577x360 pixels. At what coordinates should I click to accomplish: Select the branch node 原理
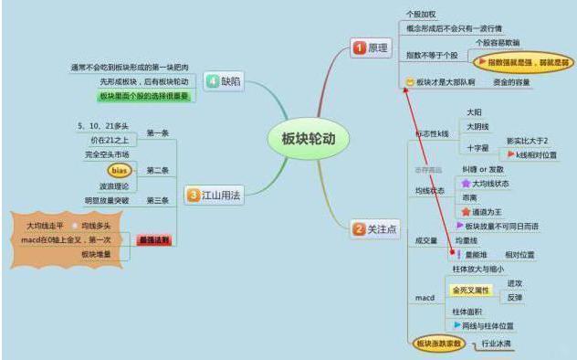371,47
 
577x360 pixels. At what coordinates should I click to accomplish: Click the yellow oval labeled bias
120,170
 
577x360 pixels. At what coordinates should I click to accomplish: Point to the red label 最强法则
153,239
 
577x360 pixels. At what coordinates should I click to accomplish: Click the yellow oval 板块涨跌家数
435,344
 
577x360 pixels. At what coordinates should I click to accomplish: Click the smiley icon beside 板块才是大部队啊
409,83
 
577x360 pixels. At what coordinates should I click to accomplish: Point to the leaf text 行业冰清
496,344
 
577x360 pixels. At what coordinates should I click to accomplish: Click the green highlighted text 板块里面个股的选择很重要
146,96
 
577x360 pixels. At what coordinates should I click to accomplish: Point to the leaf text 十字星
477,146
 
